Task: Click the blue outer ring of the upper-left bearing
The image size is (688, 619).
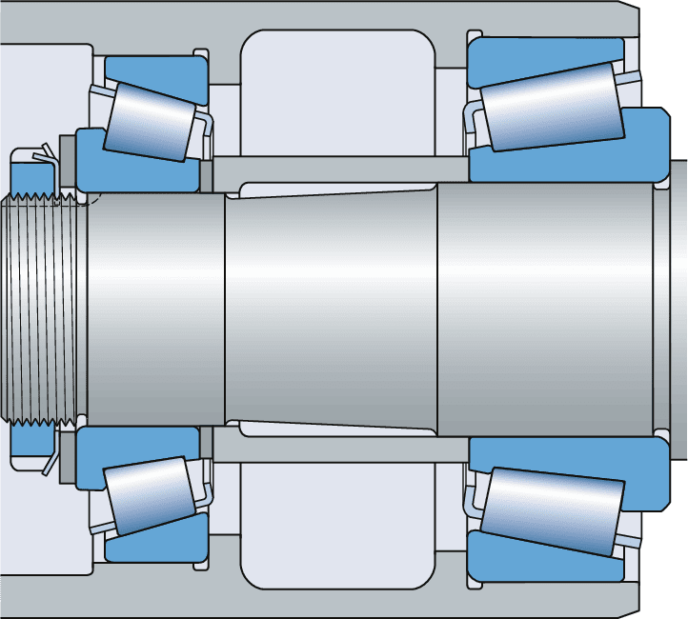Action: [157, 68]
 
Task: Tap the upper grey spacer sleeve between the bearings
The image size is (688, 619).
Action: [334, 168]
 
